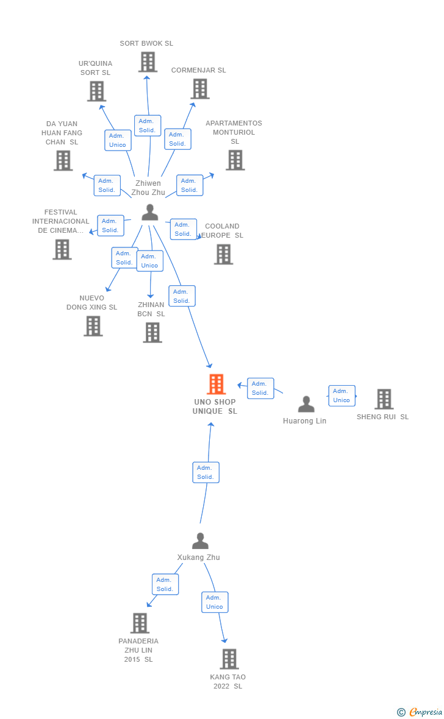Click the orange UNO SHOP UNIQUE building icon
[x=216, y=384]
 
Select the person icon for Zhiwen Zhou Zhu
[x=149, y=213]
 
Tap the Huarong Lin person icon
[x=306, y=404]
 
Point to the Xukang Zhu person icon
[x=200, y=541]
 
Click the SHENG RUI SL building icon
[x=384, y=399]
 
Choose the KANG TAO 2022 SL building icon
[x=229, y=659]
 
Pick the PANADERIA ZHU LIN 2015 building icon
[x=140, y=623]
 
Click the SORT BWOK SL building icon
[x=148, y=62]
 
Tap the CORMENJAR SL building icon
[x=200, y=89]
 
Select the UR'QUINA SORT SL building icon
[x=96, y=91]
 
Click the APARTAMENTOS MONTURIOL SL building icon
[x=235, y=160]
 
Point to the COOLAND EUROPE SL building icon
[x=223, y=254]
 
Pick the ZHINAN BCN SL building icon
[x=152, y=333]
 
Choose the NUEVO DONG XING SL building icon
[x=93, y=326]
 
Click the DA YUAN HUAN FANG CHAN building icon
[x=63, y=160]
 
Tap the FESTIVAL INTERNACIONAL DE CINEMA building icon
[x=62, y=249]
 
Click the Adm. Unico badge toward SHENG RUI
[x=342, y=395]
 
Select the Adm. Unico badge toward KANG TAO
[x=215, y=602]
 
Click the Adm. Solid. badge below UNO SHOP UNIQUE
[x=206, y=472]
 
